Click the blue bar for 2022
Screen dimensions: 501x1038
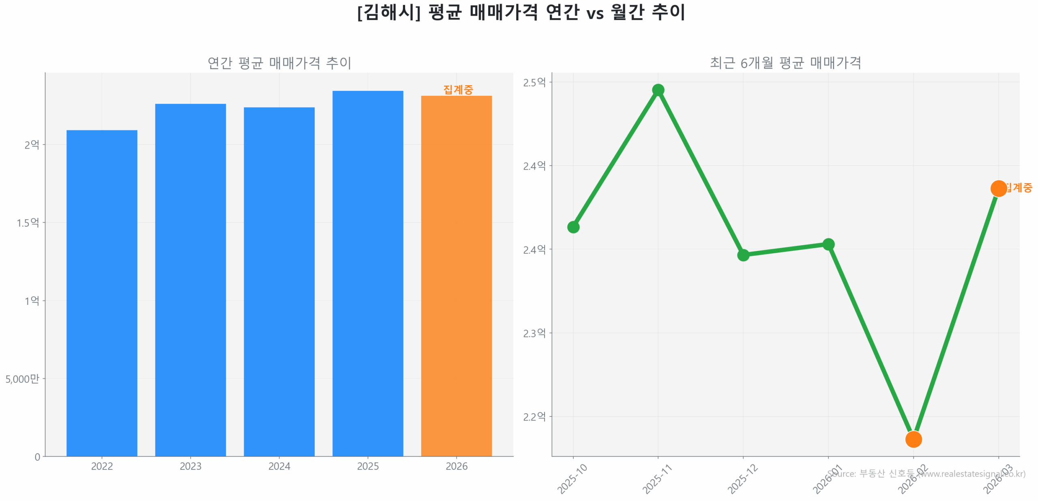tap(102, 292)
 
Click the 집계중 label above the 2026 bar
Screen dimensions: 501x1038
tap(458, 89)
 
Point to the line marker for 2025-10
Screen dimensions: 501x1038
tap(573, 227)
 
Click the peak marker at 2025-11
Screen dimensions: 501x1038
tap(658, 90)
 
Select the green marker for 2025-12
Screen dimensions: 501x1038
tap(743, 255)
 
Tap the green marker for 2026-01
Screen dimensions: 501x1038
tap(828, 244)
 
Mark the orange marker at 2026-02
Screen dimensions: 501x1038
tap(913, 439)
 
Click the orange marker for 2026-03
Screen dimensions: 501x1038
tap(998, 188)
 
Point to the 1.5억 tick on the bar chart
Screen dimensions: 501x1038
tap(28, 222)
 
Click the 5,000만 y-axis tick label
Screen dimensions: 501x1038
tap(22, 379)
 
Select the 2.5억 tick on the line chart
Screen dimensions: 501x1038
tap(534, 82)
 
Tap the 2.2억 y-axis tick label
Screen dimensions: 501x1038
tap(534, 417)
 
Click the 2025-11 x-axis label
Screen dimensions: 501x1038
tap(657, 479)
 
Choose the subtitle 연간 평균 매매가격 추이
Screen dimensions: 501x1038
tap(279, 63)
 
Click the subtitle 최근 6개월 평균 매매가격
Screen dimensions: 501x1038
tap(785, 63)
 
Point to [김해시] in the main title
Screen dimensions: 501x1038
tap(388, 12)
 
